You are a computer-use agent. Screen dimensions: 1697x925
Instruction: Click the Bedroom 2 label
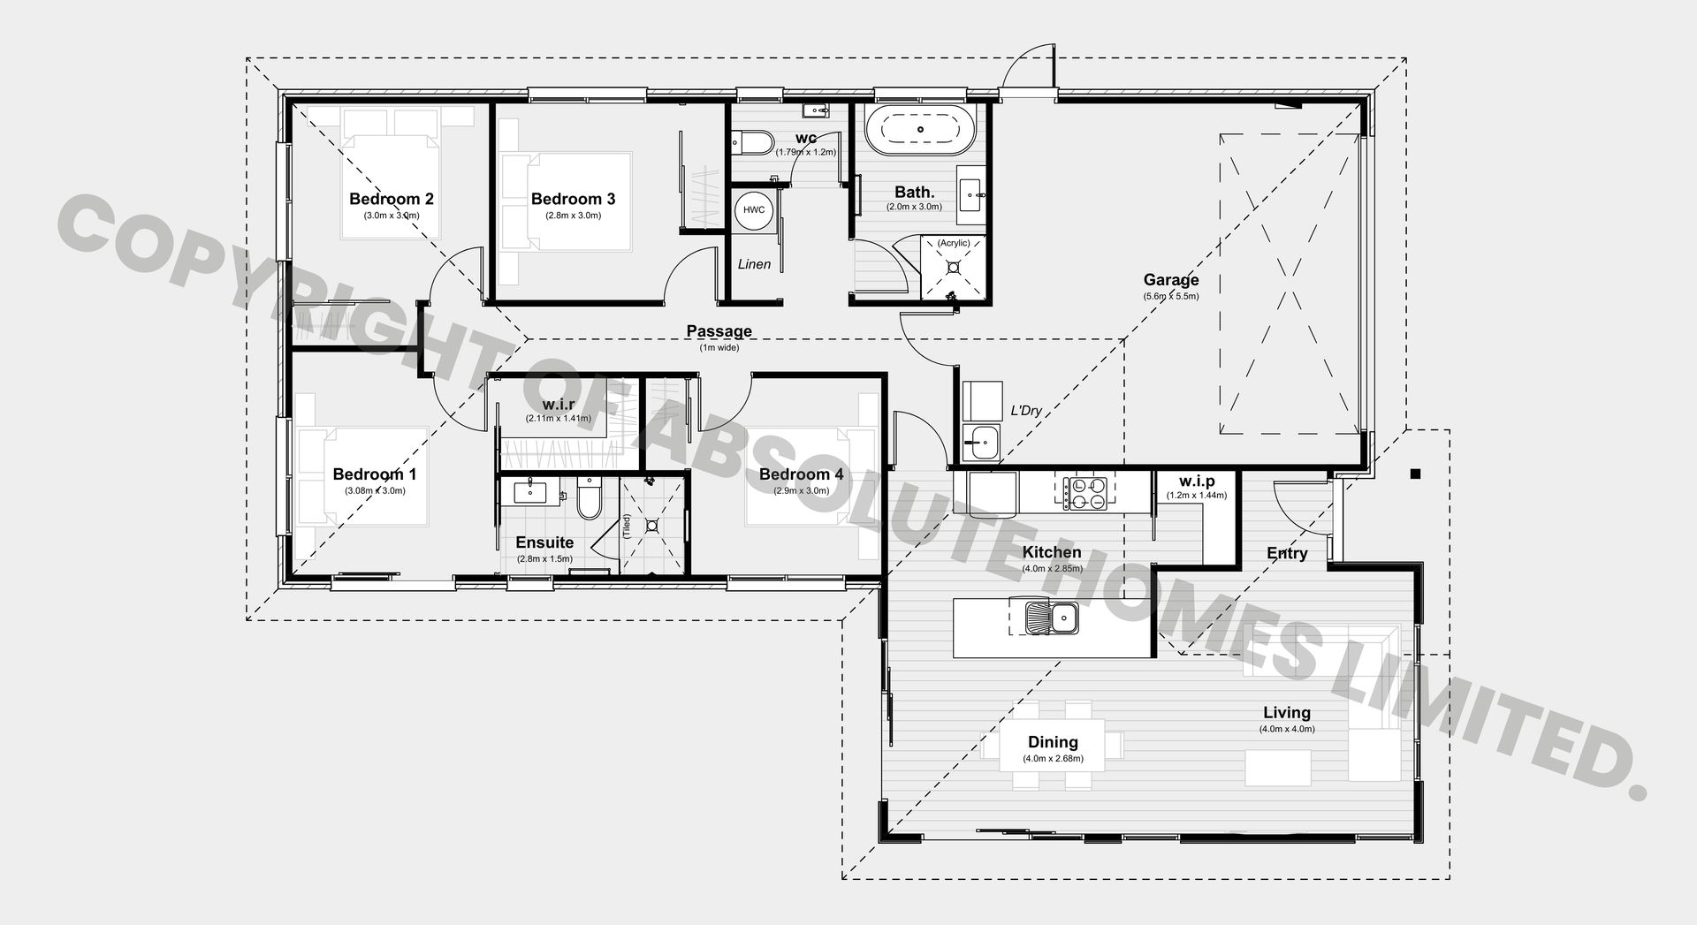(x=391, y=199)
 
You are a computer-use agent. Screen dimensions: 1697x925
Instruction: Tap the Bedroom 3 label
(x=573, y=199)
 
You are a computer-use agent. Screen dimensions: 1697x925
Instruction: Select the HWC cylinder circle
(x=754, y=210)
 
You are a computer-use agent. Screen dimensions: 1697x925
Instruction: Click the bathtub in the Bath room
(x=920, y=130)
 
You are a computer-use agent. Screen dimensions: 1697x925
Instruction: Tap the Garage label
(x=1171, y=280)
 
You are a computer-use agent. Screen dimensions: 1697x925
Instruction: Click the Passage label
(x=719, y=331)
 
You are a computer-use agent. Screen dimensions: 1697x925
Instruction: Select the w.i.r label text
(x=559, y=405)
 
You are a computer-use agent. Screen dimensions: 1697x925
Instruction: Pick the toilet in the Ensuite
(x=589, y=498)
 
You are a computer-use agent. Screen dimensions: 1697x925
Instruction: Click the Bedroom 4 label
(x=801, y=474)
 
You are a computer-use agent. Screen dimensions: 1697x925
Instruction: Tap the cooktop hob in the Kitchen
(x=1084, y=493)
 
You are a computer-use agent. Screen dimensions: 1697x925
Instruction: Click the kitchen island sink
(x=1051, y=617)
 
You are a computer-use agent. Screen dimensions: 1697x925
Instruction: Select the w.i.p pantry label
(x=1197, y=481)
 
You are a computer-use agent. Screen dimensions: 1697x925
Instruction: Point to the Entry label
(x=1287, y=553)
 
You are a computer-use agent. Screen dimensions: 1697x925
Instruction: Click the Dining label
(x=1053, y=742)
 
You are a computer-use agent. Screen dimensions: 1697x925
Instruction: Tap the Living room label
(x=1287, y=712)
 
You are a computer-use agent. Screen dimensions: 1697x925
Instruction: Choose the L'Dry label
(x=1026, y=411)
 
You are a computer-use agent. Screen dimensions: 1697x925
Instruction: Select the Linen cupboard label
(x=754, y=264)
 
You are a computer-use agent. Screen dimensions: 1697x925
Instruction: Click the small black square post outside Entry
(x=1415, y=474)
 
